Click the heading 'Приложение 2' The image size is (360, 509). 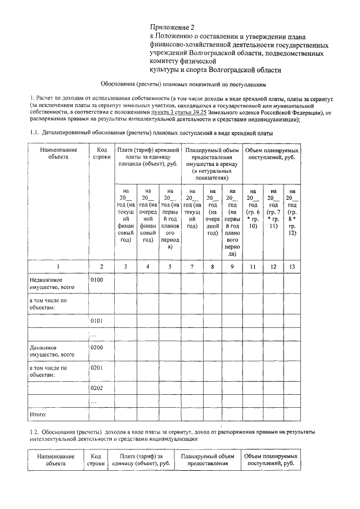(171, 27)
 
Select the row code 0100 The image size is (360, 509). (97, 279)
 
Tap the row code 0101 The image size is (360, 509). (97, 321)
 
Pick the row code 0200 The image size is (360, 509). (97, 348)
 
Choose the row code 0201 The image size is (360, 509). (97, 368)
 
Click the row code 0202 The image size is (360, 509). (97, 389)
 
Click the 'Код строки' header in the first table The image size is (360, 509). (101, 155)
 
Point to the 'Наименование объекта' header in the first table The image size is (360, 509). (58, 155)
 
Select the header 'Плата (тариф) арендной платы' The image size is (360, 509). (148, 157)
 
